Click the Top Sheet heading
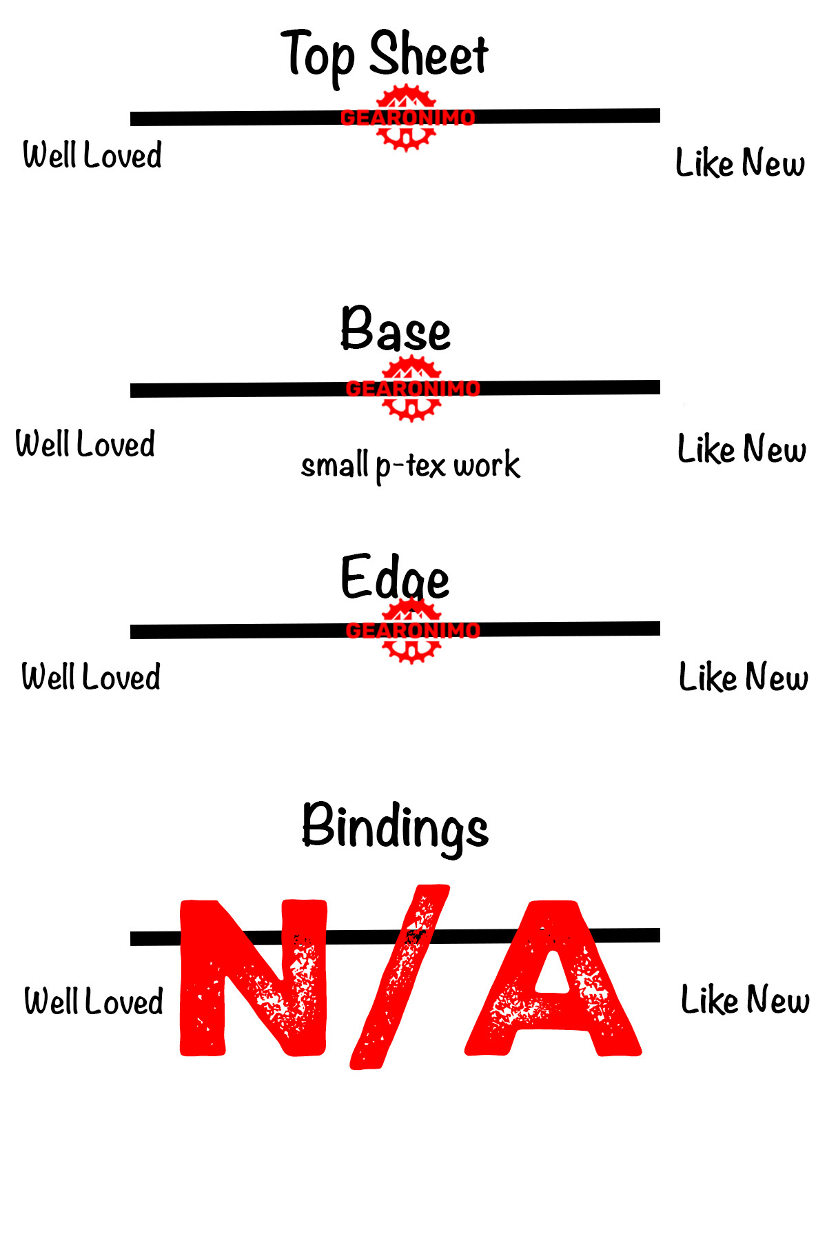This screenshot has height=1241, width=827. pos(384,54)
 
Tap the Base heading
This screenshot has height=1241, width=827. pos(396,330)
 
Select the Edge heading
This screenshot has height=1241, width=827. pos(395,578)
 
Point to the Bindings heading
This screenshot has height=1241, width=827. pos(395,826)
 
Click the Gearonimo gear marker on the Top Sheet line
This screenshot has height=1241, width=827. pos(407,118)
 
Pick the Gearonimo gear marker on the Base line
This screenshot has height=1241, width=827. pos(412,389)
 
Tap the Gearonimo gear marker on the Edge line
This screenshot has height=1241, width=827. pos(412,631)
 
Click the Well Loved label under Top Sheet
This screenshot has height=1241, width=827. pos(92,155)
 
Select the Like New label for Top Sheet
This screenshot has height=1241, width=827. pos(740,163)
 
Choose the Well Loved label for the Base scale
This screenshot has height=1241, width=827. pos(85,444)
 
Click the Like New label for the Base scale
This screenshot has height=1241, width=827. pos(742,450)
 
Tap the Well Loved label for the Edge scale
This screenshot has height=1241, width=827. pos(91,677)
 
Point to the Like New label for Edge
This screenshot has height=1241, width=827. pos(744,677)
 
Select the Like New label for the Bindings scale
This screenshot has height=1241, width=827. pos(745,1000)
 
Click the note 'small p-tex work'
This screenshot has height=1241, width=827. pos(411,465)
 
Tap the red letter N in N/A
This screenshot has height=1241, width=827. pos(253,978)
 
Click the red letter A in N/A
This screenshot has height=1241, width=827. pos(553,979)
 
